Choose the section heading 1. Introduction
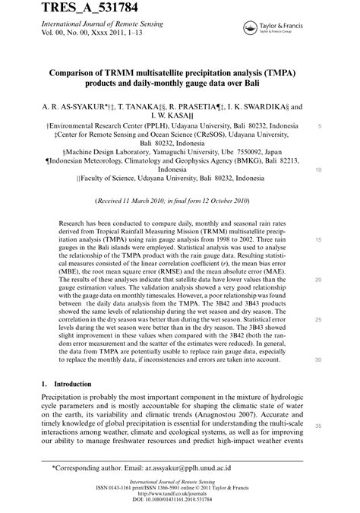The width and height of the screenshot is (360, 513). (66, 385)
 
